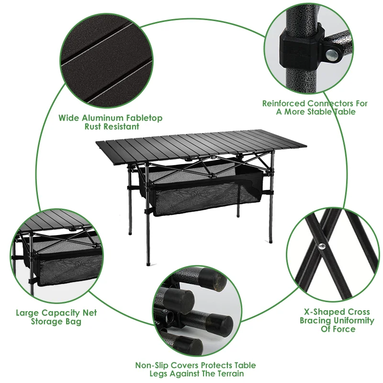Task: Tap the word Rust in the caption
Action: (94, 127)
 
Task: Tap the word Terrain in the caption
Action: (228, 374)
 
